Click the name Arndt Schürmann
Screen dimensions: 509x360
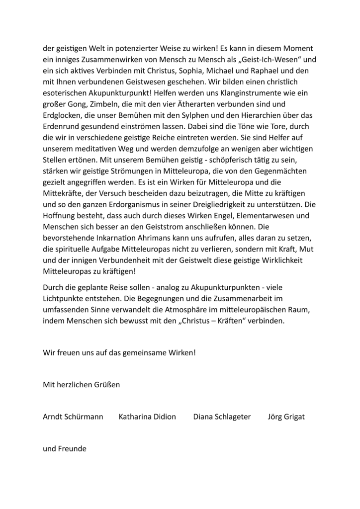pos(73,417)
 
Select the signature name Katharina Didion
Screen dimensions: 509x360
pos(147,417)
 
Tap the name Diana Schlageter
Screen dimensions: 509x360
pos(222,417)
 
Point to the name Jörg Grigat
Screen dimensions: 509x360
pos(286,417)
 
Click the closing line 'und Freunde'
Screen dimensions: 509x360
pos(65,448)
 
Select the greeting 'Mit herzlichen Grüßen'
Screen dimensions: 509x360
pos(82,384)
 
